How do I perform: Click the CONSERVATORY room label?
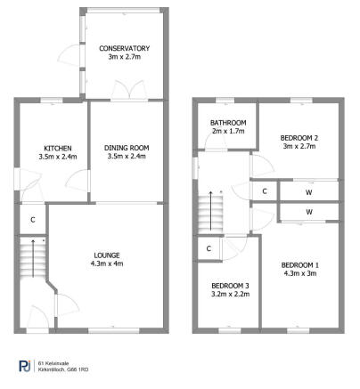click(x=125, y=48)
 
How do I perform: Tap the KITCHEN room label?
click(x=59, y=148)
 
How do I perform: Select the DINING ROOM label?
click(x=127, y=148)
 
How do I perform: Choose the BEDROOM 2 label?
click(x=299, y=138)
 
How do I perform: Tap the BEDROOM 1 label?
click(x=299, y=264)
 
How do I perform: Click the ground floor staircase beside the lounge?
click(x=32, y=258)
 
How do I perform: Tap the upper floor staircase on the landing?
click(x=211, y=214)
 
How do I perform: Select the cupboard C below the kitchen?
click(x=32, y=219)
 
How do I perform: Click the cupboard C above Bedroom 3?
click(x=208, y=249)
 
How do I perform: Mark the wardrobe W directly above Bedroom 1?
click(x=308, y=212)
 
